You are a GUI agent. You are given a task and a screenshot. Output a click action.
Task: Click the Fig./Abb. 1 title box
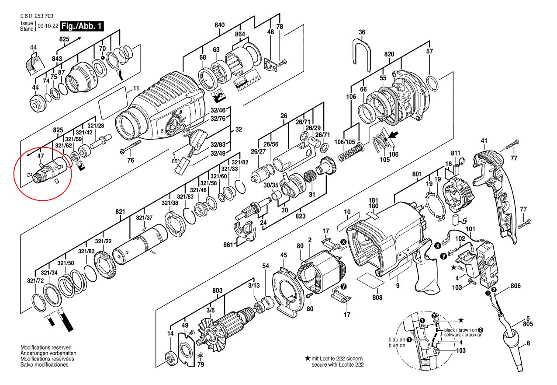(x=82, y=26)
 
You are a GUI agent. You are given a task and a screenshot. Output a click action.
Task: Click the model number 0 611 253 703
(x=37, y=16)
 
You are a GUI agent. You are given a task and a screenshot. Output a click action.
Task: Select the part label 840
(x=220, y=25)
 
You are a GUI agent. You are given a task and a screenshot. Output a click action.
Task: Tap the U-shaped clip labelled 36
(x=362, y=55)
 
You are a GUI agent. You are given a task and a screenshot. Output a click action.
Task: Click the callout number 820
(x=389, y=54)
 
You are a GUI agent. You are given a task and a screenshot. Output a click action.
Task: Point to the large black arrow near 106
(x=393, y=136)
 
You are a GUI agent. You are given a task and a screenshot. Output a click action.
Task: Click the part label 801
(x=417, y=174)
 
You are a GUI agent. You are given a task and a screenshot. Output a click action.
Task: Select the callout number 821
(x=120, y=212)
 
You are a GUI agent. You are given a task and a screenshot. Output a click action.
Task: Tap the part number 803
(x=217, y=290)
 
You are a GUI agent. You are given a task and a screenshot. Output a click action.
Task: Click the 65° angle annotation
(x=176, y=161)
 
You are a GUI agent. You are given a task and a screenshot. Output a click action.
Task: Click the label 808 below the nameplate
(x=377, y=297)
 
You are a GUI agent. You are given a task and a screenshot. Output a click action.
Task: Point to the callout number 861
(x=228, y=245)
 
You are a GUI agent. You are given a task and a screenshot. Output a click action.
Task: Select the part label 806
(x=515, y=286)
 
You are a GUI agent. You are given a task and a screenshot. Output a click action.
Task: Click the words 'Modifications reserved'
(x=46, y=347)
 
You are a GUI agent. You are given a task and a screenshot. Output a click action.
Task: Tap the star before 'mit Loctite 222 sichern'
(x=308, y=358)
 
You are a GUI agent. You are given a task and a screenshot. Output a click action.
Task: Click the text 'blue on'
(x=397, y=345)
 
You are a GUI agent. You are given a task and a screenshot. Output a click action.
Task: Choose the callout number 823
(x=301, y=216)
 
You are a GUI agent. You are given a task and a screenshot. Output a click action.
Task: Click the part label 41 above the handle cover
(x=484, y=141)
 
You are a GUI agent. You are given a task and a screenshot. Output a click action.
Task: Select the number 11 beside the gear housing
(x=136, y=88)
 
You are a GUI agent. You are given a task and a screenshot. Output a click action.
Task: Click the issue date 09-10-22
(x=48, y=26)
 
